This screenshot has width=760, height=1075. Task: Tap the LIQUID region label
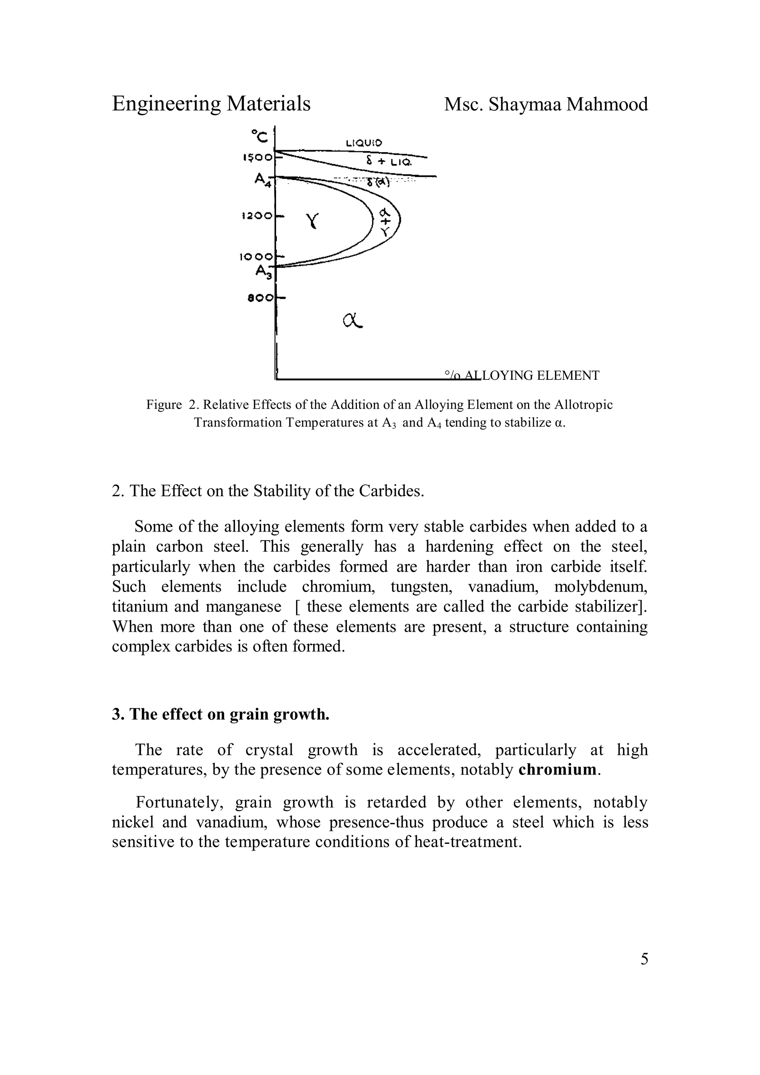364,143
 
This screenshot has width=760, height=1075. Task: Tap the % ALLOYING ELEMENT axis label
521,375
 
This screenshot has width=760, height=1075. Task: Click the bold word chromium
558,770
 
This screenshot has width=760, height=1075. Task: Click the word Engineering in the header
167,104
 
